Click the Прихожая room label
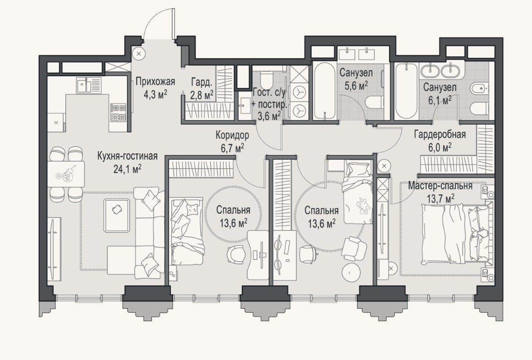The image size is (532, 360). [x=156, y=82]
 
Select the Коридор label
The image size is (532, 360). [x=232, y=135]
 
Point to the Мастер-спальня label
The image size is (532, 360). [x=440, y=186]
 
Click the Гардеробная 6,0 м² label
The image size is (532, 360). [x=440, y=140]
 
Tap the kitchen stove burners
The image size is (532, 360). [x=118, y=113]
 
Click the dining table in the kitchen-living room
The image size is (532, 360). [x=66, y=174]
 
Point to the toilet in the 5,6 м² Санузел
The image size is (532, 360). [x=374, y=102]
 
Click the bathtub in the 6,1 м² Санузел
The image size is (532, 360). [x=406, y=90]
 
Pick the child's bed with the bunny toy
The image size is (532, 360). [x=357, y=192]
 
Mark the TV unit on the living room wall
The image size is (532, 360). [x=54, y=248]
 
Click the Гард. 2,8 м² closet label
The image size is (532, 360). [x=202, y=88]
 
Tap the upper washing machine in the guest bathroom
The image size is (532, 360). [x=299, y=92]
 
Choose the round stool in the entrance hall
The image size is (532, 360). [x=139, y=54]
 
